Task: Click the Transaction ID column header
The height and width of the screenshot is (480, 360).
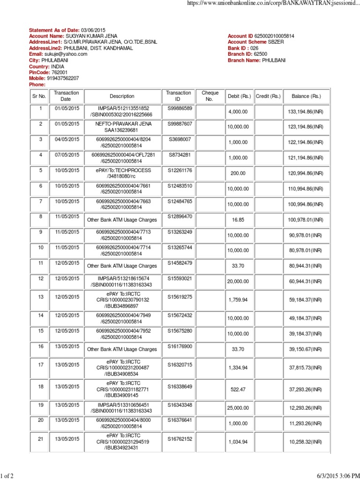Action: tap(178, 96)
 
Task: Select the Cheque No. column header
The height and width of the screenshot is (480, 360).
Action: tap(210, 96)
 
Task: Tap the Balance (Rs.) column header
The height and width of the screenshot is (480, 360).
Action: tap(306, 96)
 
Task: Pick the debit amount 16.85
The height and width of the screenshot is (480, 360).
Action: tap(239, 219)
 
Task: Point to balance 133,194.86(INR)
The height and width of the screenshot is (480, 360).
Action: tap(306, 111)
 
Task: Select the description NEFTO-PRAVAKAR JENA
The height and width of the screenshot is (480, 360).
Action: tap(122, 123)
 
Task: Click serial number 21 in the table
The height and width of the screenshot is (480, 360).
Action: tap(40, 439)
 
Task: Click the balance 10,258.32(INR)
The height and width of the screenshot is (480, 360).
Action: tap(306, 442)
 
